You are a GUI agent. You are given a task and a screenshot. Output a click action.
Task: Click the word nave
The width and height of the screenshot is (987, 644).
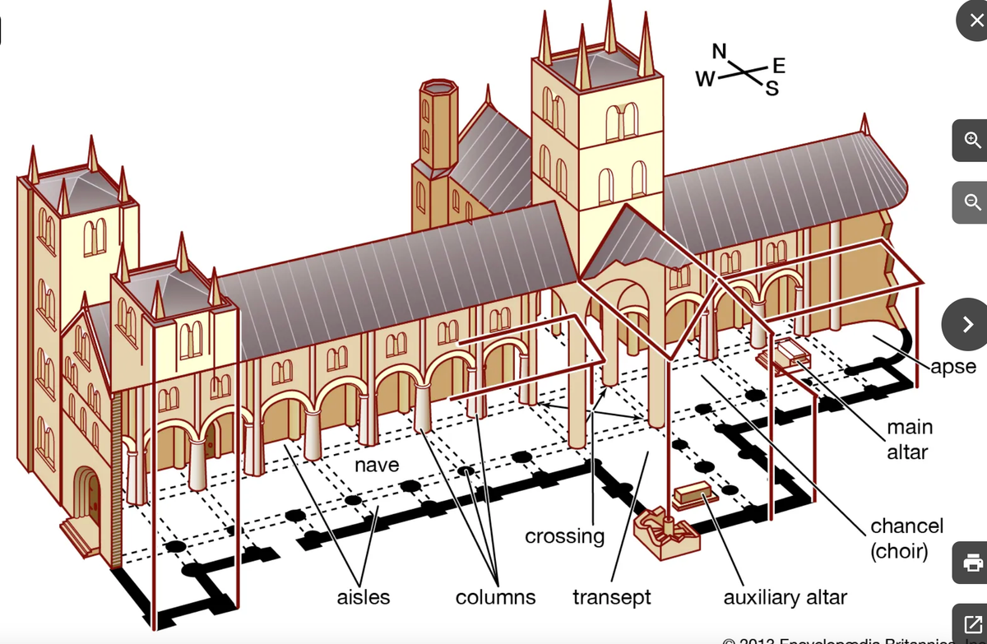pyautogui.click(x=377, y=465)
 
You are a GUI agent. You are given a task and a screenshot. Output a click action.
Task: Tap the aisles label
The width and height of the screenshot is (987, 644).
pyautogui.click(x=363, y=597)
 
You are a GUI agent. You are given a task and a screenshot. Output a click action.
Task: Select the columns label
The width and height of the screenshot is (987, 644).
pyautogui.click(x=495, y=597)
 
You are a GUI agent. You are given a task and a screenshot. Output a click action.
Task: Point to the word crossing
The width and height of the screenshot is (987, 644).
pyautogui.click(x=564, y=536)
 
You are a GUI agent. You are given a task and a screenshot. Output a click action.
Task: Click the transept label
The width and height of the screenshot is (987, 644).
pyautogui.click(x=611, y=597)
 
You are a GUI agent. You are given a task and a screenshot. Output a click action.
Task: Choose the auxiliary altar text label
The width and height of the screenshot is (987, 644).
pyautogui.click(x=785, y=597)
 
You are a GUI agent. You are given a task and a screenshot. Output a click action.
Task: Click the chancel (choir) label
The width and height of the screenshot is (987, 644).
pyautogui.click(x=906, y=537)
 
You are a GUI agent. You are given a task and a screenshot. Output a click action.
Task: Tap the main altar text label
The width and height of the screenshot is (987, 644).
pyautogui.click(x=909, y=439)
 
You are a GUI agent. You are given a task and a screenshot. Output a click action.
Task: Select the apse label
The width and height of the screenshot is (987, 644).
pyautogui.click(x=954, y=367)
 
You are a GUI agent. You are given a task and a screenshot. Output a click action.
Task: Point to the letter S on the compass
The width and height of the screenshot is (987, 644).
pyautogui.click(x=771, y=89)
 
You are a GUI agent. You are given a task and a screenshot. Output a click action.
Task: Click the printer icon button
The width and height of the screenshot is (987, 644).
pyautogui.click(x=971, y=563)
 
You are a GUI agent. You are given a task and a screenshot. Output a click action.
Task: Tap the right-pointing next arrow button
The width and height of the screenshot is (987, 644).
pyautogui.click(x=971, y=324)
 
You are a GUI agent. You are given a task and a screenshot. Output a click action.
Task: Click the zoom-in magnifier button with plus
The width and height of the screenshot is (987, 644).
pyautogui.click(x=971, y=141)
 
